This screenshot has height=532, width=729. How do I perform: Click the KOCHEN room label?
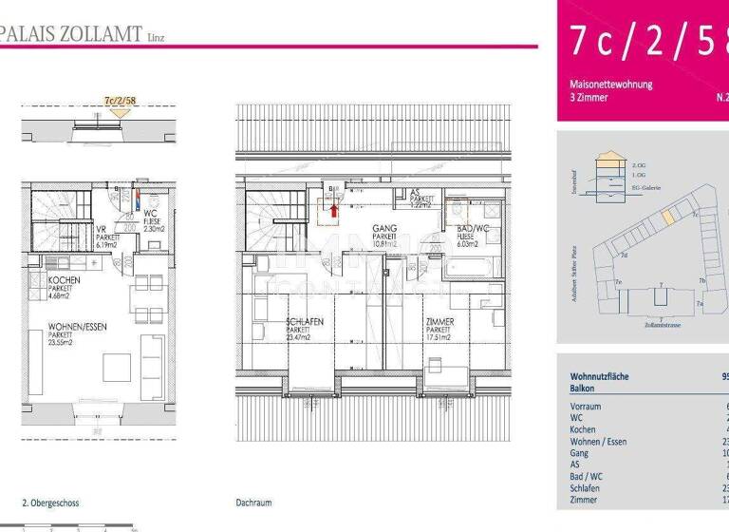pos(65,281)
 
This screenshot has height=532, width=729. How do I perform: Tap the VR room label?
pos(101,229)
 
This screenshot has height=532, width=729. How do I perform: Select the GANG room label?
pos(383,229)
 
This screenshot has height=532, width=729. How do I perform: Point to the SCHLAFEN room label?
pos(305,322)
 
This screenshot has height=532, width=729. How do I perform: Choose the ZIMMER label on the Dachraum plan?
pos(439,322)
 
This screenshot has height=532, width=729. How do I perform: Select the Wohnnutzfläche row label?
pos(599,376)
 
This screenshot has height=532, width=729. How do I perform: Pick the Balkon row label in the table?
pos(582,389)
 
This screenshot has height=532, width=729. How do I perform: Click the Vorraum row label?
pos(586,407)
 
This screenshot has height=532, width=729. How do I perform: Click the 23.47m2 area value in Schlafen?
pos(306,337)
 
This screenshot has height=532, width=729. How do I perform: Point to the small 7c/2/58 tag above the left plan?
pos(119,99)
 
